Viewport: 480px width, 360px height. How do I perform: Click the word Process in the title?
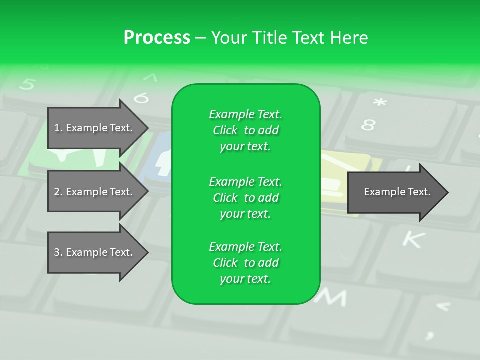(x=157, y=38)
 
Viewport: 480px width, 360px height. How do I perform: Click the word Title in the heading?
(x=267, y=38)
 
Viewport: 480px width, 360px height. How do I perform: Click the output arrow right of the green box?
(x=397, y=192)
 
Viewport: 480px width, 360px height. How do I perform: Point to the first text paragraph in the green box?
(x=245, y=130)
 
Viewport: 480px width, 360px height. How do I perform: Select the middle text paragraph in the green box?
(x=245, y=197)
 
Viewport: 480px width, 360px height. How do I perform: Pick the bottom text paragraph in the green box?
(x=245, y=263)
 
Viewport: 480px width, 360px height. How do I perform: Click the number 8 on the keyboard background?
(x=368, y=125)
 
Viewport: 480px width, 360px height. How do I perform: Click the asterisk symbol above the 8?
(x=380, y=103)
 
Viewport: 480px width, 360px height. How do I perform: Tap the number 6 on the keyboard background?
(x=141, y=98)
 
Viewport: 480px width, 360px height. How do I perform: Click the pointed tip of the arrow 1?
(x=147, y=128)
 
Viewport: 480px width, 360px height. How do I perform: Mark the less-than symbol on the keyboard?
(x=443, y=306)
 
